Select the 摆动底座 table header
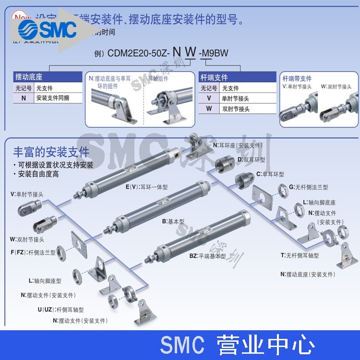pyautogui.click(x=29, y=77)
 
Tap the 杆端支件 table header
pyautogui.click(x=214, y=77)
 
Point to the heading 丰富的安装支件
pyautogui.click(x=52, y=153)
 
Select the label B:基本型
pyautogui.click(x=173, y=222)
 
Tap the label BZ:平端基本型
pyautogui.click(x=207, y=256)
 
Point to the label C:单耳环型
pyautogui.click(x=270, y=174)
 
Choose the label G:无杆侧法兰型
pyautogui.click(x=307, y=187)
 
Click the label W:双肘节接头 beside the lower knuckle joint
pyautogui.click(x=27, y=239)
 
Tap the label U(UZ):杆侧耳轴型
pyautogui.click(x=60, y=310)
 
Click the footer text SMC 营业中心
pyautogui.click(x=237, y=345)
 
